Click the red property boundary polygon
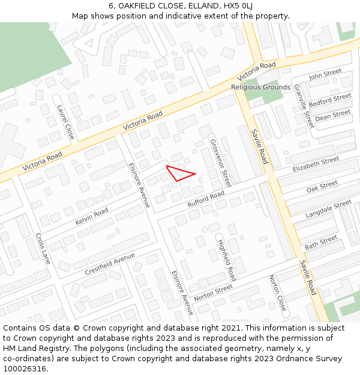[181, 173]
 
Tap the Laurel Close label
[65, 122]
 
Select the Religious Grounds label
[260, 88]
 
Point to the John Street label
[325, 75]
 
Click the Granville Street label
[304, 106]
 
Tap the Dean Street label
[333, 115]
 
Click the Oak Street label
[322, 187]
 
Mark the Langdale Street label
[328, 209]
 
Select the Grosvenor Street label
[220, 163]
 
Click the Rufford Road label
[206, 199]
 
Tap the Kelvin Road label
[92, 217]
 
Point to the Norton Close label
[277, 292]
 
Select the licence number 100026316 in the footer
[25, 369]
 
